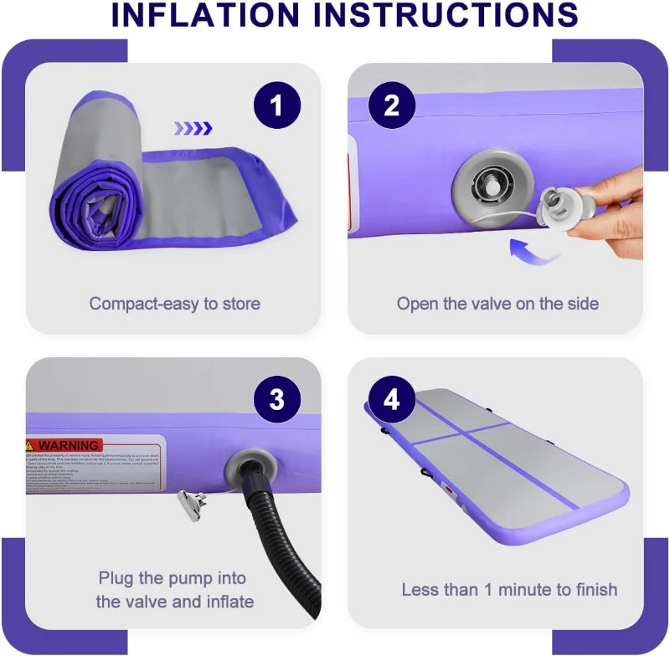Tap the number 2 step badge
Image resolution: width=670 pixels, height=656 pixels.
point(391,105)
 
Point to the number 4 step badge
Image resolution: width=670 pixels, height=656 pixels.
point(391,400)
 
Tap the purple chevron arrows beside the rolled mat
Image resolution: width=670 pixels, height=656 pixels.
point(193,128)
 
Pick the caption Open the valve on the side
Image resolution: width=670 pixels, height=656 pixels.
point(497,303)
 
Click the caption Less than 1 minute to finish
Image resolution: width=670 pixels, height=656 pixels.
point(509,589)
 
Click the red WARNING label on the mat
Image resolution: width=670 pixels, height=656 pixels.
point(64,445)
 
